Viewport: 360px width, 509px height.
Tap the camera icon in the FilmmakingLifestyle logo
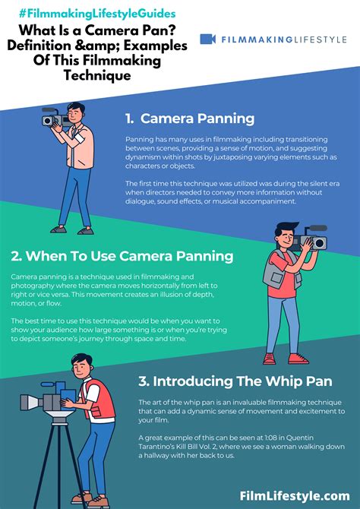(208, 39)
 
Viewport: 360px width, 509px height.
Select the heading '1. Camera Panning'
(191, 119)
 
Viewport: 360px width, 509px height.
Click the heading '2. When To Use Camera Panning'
(122, 255)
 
